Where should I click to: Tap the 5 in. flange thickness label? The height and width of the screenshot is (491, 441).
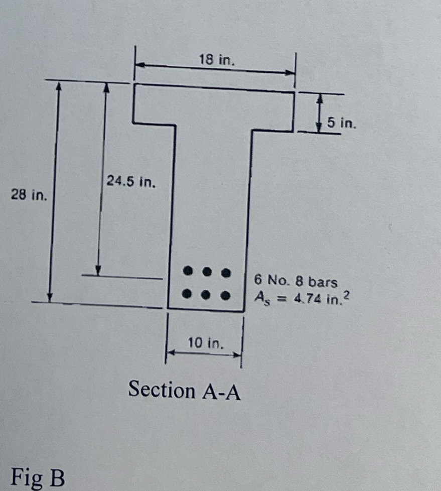pyautogui.click(x=341, y=122)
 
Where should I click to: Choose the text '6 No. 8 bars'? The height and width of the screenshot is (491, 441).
pyautogui.click(x=296, y=282)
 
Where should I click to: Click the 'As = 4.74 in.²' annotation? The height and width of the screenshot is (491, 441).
pyautogui.click(x=300, y=298)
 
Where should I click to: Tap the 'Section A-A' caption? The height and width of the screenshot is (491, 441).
pyautogui.click(x=184, y=390)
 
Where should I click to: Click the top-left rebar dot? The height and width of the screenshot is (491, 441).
pyautogui.click(x=188, y=271)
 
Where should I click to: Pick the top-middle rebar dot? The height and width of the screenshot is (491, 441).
pyautogui.click(x=207, y=272)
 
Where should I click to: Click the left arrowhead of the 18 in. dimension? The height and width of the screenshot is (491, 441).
pyautogui.click(x=140, y=65)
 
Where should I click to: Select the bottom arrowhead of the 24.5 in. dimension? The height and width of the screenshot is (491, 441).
pyautogui.click(x=98, y=270)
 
